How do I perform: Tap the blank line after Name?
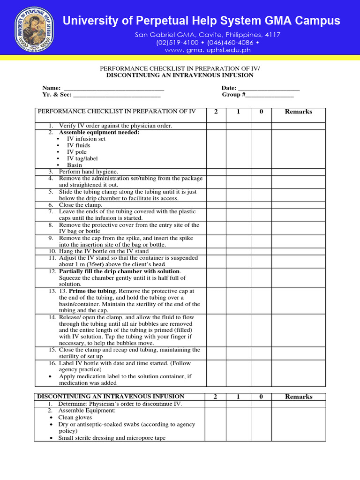[113, 89]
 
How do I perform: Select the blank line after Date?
[269, 89]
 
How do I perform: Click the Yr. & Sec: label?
[57, 95]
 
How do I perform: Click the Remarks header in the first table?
[299, 112]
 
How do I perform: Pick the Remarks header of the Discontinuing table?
[299, 397]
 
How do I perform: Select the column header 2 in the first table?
[216, 112]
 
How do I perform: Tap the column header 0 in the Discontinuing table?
[261, 397]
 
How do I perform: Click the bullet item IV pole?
[77, 152]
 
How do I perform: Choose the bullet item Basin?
[74, 165]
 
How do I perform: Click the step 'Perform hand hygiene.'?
[88, 172]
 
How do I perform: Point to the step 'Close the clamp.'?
[80, 205]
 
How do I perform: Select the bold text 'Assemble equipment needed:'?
[99, 132]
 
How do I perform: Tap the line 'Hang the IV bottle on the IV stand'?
[104, 251]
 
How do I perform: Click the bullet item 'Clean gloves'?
[75, 417]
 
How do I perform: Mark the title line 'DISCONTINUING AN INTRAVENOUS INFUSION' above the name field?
[180, 75]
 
